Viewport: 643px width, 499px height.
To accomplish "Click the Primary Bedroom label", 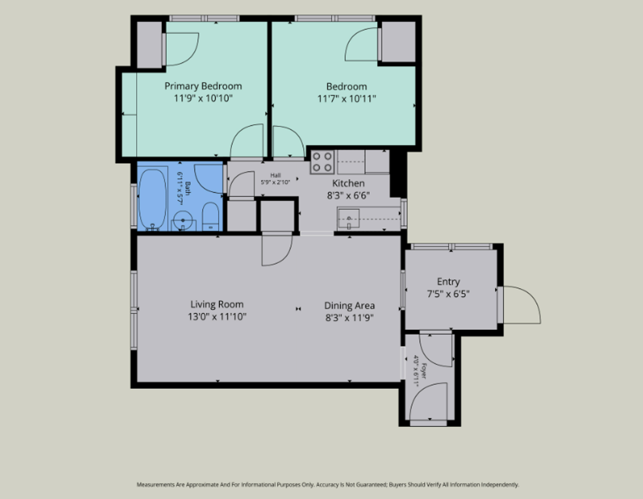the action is [x=203, y=86].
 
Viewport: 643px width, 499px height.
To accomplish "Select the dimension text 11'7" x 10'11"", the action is [x=346, y=98].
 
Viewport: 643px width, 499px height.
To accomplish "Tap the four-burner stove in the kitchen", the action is [x=322, y=162].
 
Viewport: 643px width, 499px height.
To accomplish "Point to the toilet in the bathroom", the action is [x=210, y=216].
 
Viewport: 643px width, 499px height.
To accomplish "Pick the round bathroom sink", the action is [x=183, y=220].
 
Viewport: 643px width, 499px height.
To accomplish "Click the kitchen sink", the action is [x=349, y=219].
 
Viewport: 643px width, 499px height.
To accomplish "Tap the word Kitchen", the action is [x=348, y=183].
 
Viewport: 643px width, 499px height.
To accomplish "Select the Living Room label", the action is [x=217, y=304].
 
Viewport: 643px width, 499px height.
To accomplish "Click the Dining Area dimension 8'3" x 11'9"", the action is [x=350, y=318].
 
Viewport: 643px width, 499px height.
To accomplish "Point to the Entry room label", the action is [x=448, y=281].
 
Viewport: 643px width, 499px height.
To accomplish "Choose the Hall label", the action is [x=275, y=175].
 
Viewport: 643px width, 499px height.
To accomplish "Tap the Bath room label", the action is [x=188, y=188].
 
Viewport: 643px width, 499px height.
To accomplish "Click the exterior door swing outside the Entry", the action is [x=522, y=305].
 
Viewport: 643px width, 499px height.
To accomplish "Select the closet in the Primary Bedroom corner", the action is [x=150, y=45].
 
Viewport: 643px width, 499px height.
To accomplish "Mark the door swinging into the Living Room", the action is [x=277, y=250].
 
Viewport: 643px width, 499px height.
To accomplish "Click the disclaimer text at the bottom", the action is [x=328, y=485].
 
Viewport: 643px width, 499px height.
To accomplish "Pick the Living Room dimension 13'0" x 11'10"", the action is [x=217, y=316].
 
